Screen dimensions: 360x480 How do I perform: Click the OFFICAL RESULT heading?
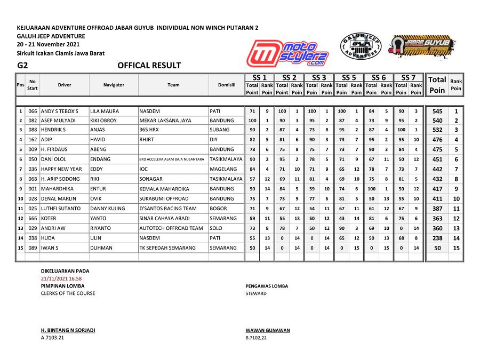point(149,66)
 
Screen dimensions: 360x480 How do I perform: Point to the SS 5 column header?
point(349,77)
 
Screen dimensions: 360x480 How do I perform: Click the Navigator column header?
point(114,85)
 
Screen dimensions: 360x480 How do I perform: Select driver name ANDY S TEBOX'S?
point(59,111)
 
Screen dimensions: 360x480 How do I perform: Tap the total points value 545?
point(437,111)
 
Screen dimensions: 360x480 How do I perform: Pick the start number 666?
point(33,218)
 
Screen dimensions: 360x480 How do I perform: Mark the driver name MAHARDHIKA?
point(57,189)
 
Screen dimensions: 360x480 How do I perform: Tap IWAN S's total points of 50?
point(437,248)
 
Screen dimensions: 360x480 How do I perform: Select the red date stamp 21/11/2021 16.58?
point(61,278)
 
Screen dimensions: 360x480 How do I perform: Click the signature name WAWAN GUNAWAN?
point(268,330)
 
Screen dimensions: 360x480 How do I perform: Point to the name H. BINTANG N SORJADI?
point(68,330)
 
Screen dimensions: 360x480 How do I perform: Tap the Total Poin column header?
point(437,85)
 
